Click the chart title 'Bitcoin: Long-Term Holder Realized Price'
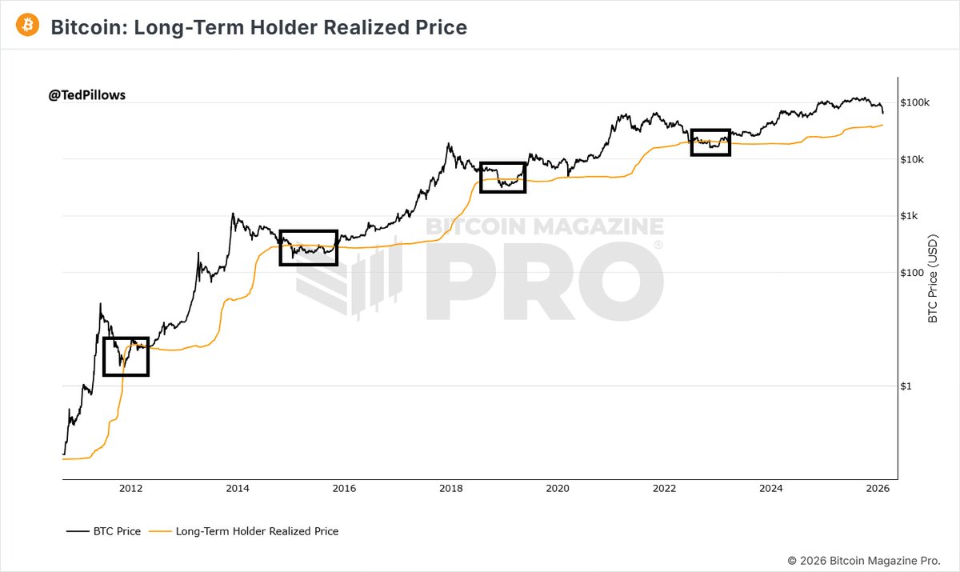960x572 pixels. click(258, 27)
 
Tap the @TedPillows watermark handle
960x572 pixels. click(87, 94)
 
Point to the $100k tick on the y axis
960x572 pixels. click(914, 103)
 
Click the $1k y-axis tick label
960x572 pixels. click(910, 216)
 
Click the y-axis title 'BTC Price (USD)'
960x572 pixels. click(931, 279)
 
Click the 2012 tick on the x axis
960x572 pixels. click(130, 488)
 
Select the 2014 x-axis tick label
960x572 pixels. click(237, 488)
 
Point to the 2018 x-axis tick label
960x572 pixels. click(450, 488)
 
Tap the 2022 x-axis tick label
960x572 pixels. click(664, 488)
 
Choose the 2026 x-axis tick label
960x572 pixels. click(878, 488)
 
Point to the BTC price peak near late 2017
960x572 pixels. click(449, 145)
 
